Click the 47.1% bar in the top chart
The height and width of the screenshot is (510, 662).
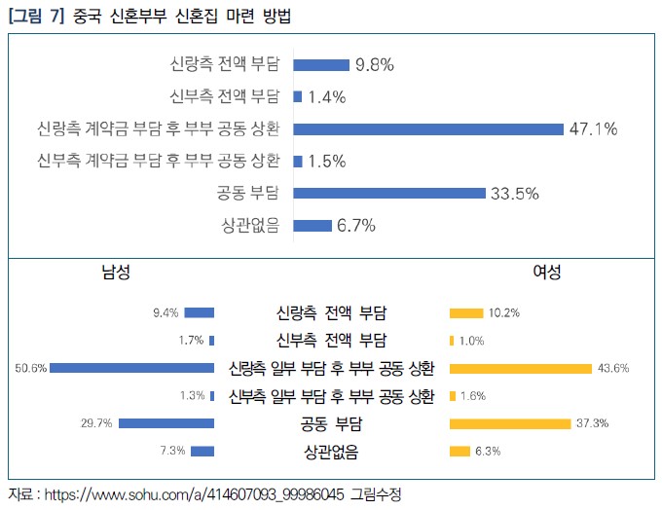coord(428,128)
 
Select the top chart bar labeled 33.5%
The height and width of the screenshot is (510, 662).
coord(388,193)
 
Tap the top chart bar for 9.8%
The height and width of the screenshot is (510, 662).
coord(320,65)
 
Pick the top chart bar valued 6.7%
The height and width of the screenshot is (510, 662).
coord(312,225)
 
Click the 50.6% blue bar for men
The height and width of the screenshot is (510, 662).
coord(132,368)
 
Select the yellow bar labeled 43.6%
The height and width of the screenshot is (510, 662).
coord(520,368)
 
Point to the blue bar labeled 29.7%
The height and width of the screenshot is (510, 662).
coord(166,423)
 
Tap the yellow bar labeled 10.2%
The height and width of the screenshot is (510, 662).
coord(465,312)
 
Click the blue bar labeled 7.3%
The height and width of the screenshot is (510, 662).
coord(202,451)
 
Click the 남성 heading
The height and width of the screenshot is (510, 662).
coord(116,273)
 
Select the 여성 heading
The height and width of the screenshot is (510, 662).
coord(546,273)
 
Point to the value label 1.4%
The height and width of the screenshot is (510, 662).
coord(327,96)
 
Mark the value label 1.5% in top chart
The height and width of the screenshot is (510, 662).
coord(327,161)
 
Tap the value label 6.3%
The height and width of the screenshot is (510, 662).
coord(490,451)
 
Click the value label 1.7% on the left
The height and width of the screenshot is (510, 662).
coord(191,341)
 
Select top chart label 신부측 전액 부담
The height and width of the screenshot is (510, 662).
coord(224,96)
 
